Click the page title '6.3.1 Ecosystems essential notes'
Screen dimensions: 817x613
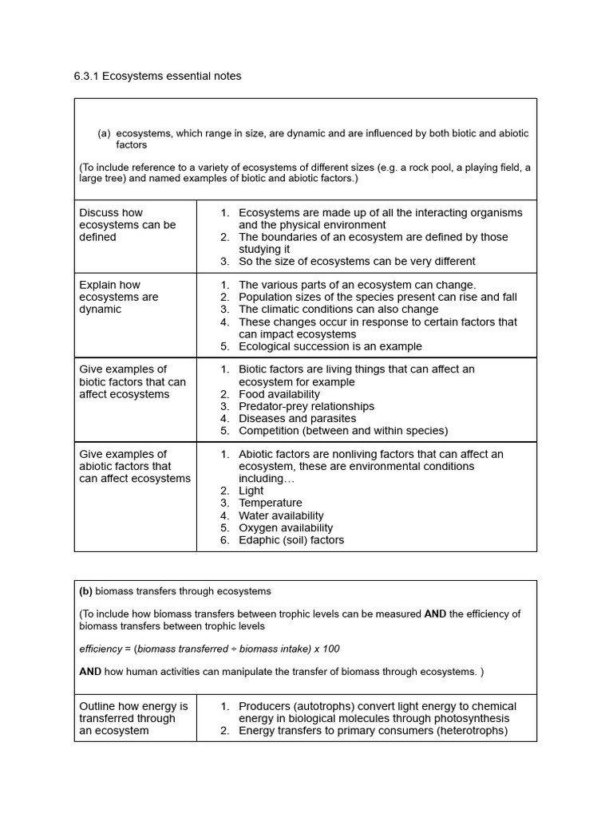click(x=157, y=76)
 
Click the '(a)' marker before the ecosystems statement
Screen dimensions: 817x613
click(x=104, y=133)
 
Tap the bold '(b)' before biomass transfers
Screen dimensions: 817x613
click(x=86, y=591)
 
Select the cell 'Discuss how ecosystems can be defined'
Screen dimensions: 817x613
click(x=128, y=225)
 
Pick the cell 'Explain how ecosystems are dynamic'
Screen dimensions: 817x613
click(x=119, y=297)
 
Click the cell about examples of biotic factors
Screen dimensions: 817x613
click(x=132, y=381)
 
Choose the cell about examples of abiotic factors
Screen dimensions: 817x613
click(x=135, y=466)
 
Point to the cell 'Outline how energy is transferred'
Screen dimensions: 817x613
click(x=133, y=718)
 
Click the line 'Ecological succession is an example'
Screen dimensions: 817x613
click(x=330, y=346)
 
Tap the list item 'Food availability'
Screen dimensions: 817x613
click(x=279, y=394)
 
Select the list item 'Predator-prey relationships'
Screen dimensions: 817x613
click(x=306, y=406)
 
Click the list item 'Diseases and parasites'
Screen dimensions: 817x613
click(x=298, y=418)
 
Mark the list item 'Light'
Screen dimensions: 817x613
click(x=251, y=491)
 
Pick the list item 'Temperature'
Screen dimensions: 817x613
click(x=271, y=503)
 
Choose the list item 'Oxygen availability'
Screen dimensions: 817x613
click(x=286, y=527)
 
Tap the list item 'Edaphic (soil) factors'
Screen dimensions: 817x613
click(x=291, y=540)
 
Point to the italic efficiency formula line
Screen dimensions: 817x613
click(x=209, y=649)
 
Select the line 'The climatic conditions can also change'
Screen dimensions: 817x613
click(x=338, y=309)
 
